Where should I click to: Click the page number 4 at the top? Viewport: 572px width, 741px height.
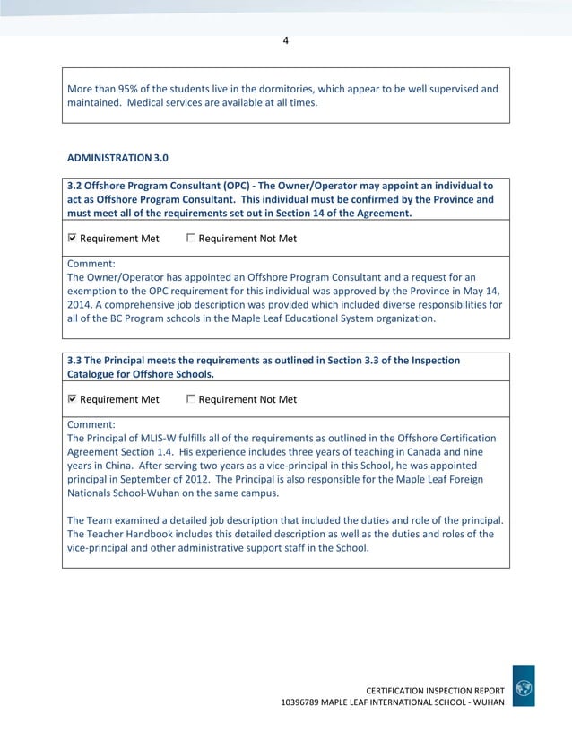click(285, 39)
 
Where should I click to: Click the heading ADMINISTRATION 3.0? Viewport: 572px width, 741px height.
click(117, 158)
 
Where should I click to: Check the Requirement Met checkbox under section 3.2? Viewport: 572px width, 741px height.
click(73, 239)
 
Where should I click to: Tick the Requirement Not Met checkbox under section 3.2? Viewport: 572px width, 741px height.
click(191, 239)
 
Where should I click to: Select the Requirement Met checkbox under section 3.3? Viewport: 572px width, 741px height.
click(73, 399)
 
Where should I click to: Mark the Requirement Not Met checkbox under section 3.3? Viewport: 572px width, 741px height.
click(191, 399)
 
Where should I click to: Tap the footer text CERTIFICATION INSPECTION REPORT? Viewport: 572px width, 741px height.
click(435, 688)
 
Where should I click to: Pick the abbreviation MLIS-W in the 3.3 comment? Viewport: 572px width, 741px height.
click(150, 438)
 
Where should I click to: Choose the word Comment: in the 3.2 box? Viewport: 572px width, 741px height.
click(91, 264)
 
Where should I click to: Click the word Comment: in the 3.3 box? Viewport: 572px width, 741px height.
click(91, 424)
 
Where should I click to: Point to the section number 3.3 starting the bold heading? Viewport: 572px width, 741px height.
click(75, 361)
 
